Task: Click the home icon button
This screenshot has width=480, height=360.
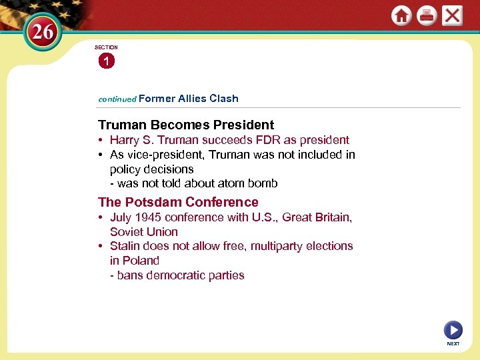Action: tap(401, 15)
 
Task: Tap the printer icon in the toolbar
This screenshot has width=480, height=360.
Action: tap(427, 15)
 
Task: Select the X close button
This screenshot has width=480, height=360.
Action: tap(452, 15)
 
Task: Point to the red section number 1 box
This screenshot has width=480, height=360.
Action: tap(105, 61)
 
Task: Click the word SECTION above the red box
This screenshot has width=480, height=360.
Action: tap(106, 47)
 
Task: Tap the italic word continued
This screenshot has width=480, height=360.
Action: tap(117, 99)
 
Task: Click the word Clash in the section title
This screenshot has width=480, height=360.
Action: tap(223, 98)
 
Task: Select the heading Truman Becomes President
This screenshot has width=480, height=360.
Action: tap(186, 125)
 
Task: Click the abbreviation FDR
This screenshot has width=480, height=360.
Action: tap(271, 140)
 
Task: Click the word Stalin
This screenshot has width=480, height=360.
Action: tap(127, 246)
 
